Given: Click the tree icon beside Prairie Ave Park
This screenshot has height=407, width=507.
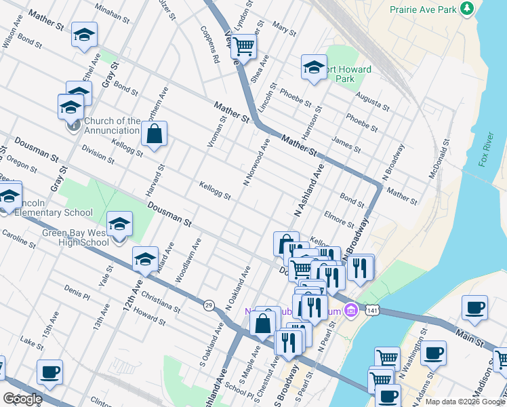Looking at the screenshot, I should [466, 9].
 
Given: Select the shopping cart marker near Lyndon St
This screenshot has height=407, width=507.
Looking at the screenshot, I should [243, 47].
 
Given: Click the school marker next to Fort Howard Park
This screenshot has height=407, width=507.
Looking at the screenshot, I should [314, 67].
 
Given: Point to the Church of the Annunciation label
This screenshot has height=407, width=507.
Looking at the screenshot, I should [112, 126].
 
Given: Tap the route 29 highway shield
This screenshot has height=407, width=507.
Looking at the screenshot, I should [209, 306].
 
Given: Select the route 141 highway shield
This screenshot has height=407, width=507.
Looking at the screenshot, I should [371, 309].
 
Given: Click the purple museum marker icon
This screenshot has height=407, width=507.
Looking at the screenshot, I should [350, 311].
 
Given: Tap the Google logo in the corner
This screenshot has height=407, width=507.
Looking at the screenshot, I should [22, 399].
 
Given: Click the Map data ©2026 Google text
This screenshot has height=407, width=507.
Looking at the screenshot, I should [465, 402].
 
